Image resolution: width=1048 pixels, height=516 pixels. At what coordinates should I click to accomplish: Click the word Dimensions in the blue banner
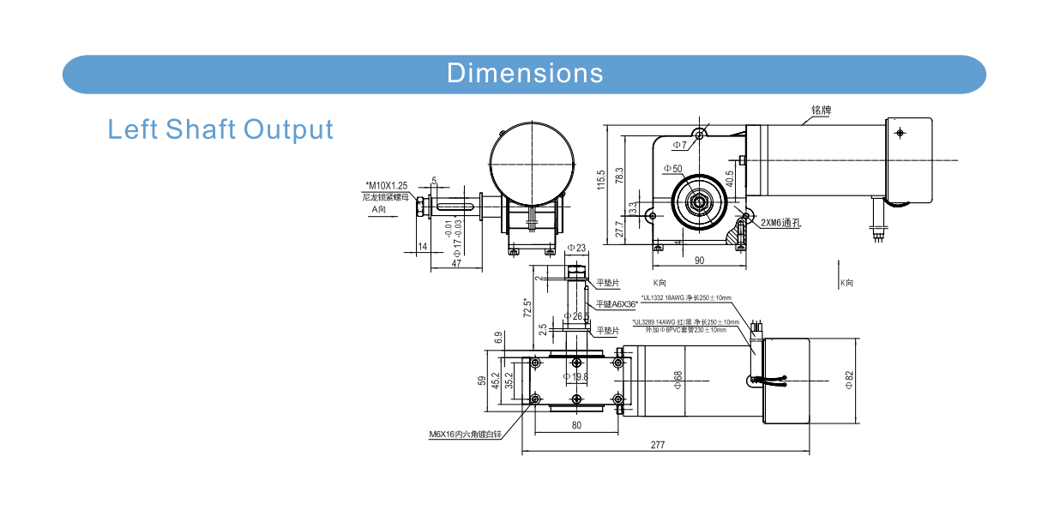point(524,74)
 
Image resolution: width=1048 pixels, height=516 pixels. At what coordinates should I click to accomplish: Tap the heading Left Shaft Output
point(220,129)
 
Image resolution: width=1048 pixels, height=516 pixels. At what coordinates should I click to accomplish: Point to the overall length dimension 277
point(658,445)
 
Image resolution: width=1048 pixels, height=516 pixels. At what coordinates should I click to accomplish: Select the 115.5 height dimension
point(601,178)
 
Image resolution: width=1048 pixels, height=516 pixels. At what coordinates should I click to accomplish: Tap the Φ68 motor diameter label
point(678,379)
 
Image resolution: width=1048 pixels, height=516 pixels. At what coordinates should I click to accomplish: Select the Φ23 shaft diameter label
point(576,248)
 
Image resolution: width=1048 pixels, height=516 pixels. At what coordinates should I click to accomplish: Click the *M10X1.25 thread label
point(387,185)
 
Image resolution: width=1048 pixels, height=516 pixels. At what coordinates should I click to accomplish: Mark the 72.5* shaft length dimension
point(527,308)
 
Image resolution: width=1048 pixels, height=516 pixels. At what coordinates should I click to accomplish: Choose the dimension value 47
point(456,263)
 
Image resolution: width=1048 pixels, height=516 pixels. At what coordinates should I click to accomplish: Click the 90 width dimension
point(699,260)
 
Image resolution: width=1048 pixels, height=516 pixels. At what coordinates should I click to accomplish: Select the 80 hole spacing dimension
point(575,424)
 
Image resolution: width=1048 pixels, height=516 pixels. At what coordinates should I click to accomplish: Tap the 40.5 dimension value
point(730,177)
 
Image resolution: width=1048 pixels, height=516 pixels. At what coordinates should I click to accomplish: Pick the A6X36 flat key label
point(614,303)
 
